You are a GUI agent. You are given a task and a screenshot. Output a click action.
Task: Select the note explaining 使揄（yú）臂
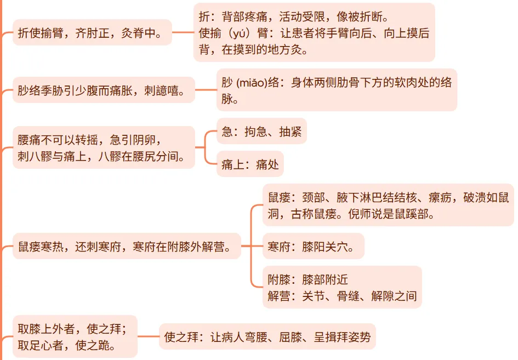[x=314, y=42]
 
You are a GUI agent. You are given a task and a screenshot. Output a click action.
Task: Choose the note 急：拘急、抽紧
[x=261, y=132]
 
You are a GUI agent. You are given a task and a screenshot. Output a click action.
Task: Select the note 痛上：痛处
[x=250, y=164]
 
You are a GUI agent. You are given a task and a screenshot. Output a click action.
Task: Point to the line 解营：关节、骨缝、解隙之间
[x=343, y=296]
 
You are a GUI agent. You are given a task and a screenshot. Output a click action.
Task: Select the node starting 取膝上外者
[x=73, y=337]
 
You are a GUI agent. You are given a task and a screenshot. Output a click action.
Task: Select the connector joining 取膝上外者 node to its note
[x=148, y=336]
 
